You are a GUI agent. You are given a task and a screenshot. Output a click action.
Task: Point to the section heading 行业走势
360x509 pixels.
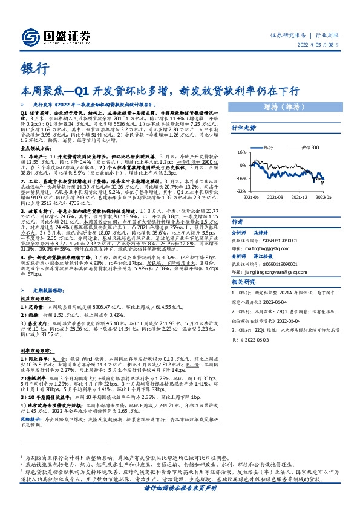click(243, 128)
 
